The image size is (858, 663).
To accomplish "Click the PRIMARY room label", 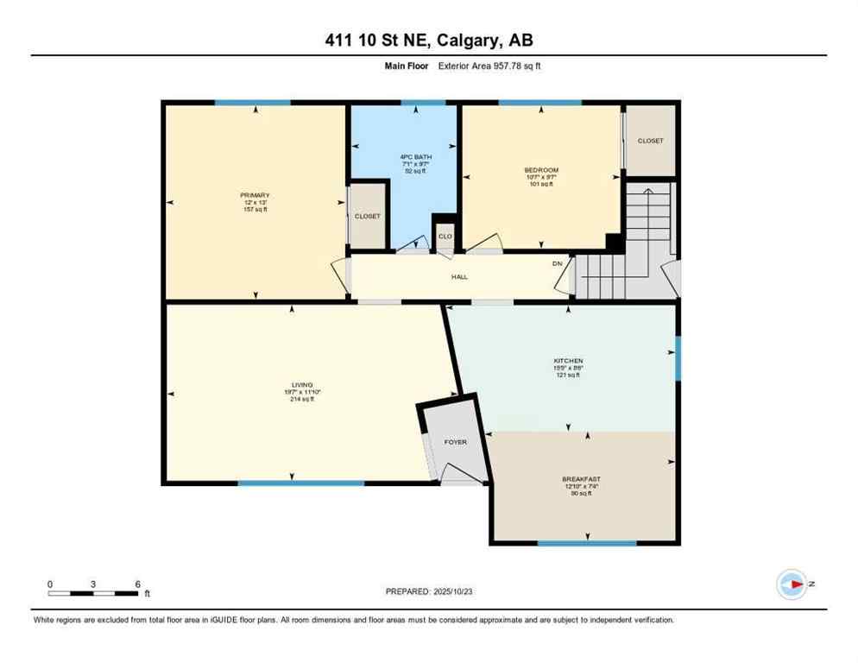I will tap(255, 195).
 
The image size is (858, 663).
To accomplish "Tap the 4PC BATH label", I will tap(421, 157).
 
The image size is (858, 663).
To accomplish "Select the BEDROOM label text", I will tap(541, 170).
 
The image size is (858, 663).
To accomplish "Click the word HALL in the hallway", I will tap(459, 276).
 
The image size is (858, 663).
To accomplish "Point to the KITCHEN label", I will tap(568, 361).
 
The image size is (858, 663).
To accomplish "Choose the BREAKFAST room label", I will tap(581, 478).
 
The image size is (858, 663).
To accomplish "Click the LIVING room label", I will tap(301, 385).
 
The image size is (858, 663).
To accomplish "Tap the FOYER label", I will tap(455, 442).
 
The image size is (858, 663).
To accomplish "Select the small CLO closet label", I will tap(445, 236).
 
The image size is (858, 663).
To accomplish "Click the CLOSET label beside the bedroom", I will tap(650, 141).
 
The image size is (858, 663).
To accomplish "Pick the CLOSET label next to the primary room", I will tap(367, 217).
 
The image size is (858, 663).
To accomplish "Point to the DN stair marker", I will tap(558, 264).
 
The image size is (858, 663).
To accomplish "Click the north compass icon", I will tap(792, 584).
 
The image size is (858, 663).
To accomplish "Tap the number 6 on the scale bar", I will tap(137, 584).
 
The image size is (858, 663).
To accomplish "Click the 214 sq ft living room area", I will tap(301, 400).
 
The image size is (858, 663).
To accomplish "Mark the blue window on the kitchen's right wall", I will tap(678, 357).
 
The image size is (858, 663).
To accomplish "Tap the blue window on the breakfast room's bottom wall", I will tap(586, 543).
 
